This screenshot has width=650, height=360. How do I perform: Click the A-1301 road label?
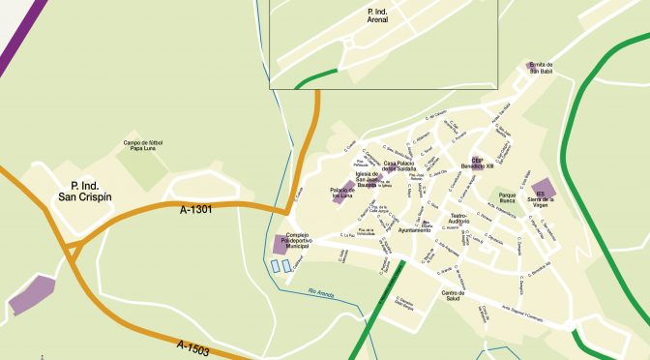(196, 207)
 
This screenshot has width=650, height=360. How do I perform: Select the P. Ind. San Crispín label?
(85, 191)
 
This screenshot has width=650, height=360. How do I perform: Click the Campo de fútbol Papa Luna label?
(143, 147)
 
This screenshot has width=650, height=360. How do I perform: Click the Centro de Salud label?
(455, 293)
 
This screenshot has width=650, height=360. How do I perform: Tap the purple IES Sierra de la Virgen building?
(544, 189)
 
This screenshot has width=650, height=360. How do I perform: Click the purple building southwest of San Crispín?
(32, 294)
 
